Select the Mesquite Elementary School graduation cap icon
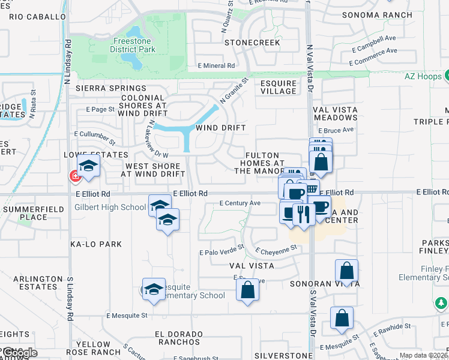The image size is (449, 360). [154, 290]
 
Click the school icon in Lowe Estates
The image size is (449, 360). [88, 167]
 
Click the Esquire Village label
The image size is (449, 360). [278, 87]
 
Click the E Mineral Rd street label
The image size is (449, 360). [216, 66]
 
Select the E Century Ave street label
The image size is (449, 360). [240, 203]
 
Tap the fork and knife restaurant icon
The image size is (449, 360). [303, 214]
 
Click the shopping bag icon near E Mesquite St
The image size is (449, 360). [342, 318]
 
